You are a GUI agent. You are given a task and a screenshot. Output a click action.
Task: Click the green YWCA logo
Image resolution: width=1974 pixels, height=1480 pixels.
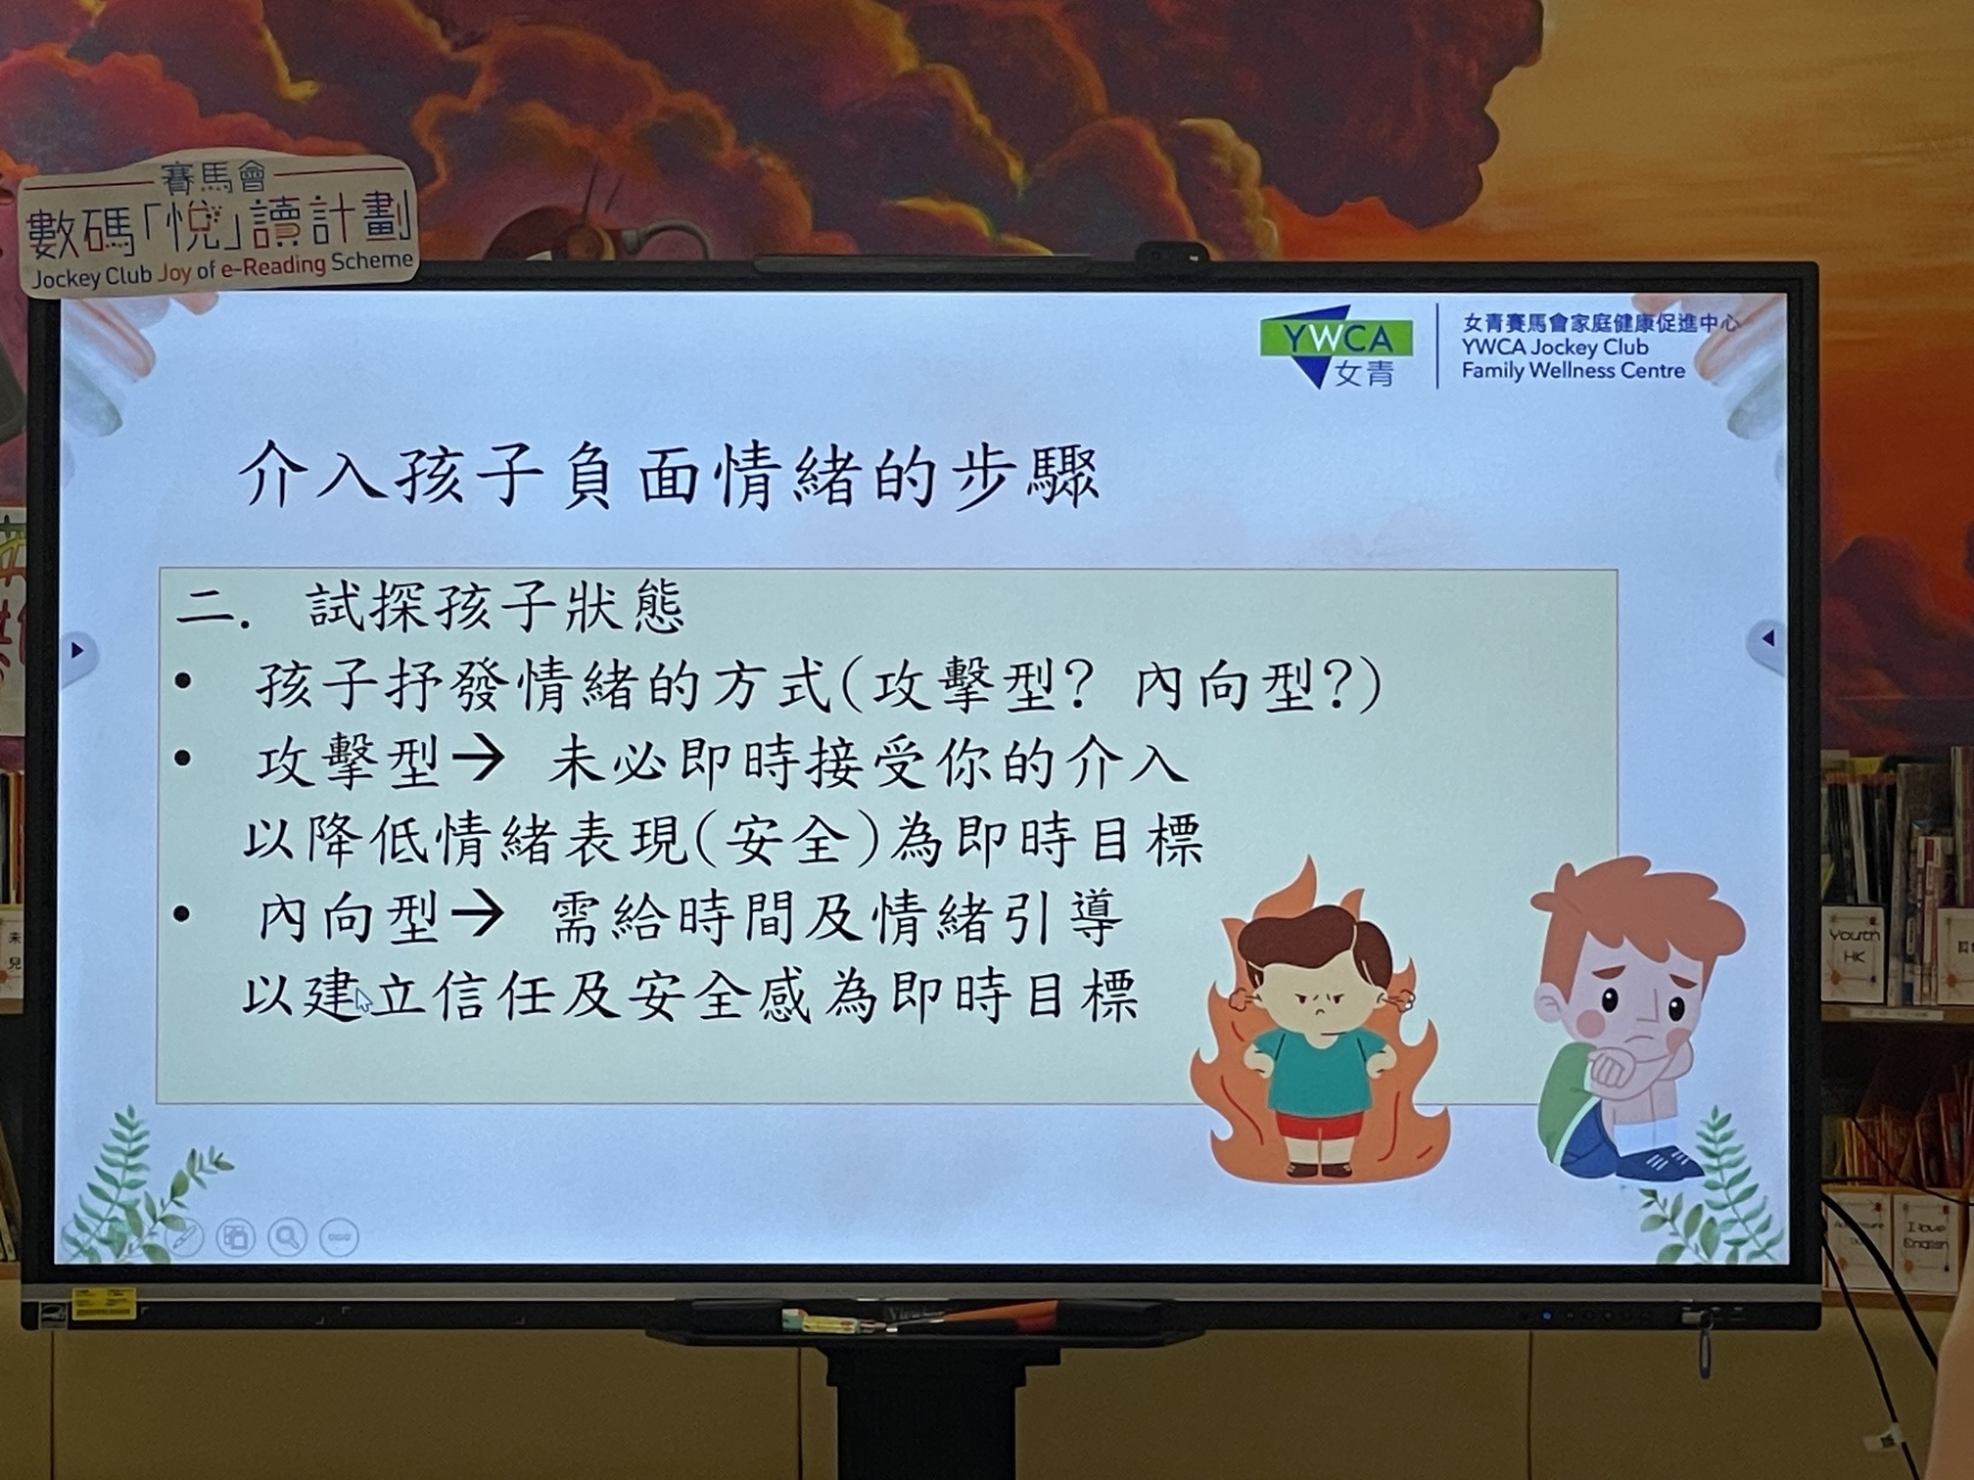click(x=1335, y=347)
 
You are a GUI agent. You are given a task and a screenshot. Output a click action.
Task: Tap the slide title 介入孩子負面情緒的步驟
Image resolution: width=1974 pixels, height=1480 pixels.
click(x=670, y=477)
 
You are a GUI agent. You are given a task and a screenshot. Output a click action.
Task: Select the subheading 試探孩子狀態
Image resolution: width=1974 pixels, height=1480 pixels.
click(x=494, y=607)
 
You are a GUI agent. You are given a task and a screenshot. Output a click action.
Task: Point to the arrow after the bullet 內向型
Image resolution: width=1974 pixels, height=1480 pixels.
click(x=478, y=916)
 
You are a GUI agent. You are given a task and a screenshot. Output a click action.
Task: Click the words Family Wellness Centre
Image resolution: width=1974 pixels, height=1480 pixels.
click(x=1574, y=371)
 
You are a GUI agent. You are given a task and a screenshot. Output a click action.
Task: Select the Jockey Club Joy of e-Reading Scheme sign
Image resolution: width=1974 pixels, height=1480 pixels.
click(x=218, y=226)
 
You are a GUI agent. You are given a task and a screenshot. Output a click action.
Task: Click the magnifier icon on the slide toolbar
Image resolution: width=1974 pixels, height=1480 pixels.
click(x=288, y=1237)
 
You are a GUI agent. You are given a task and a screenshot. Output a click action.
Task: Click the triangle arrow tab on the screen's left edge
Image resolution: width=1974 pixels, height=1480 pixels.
click(x=78, y=651)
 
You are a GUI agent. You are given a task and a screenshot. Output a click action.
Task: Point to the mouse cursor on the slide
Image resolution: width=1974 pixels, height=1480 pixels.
click(x=363, y=999)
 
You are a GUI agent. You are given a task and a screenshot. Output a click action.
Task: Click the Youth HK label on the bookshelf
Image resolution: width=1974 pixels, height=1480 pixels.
click(x=1854, y=947)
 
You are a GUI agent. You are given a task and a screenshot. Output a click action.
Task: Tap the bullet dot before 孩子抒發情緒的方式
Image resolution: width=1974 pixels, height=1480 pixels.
click(x=183, y=681)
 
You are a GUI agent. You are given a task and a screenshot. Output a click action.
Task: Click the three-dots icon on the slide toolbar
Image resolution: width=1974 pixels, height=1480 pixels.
click(x=340, y=1237)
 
